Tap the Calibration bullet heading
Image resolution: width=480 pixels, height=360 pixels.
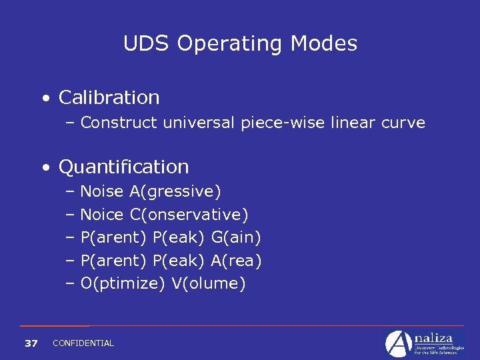click(x=109, y=97)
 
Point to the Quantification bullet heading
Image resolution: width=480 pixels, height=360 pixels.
click(x=123, y=167)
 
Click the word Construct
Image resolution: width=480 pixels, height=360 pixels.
click(x=119, y=123)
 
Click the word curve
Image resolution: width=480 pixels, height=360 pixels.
click(x=403, y=123)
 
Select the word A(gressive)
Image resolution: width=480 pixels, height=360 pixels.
click(x=175, y=192)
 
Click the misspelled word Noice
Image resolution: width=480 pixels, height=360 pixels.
click(x=102, y=215)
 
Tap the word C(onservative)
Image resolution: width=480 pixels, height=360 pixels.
click(x=189, y=215)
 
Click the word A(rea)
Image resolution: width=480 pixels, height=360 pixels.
click(x=236, y=261)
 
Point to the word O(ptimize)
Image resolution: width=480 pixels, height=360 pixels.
click(x=123, y=284)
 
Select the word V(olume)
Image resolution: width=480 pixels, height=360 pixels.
click(x=209, y=283)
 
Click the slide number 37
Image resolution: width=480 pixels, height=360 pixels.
click(x=31, y=343)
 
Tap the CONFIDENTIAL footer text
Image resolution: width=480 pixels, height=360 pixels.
click(x=83, y=343)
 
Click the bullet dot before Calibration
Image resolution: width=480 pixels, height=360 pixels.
click(x=45, y=99)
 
